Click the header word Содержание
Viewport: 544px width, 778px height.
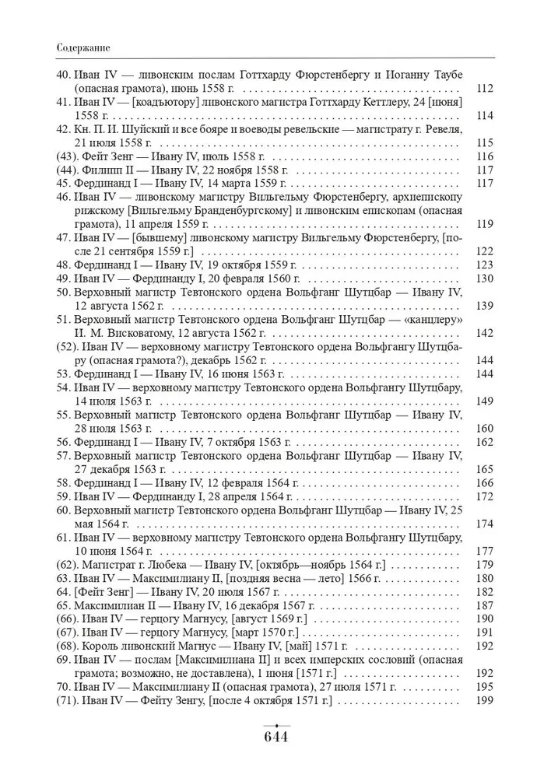(82, 47)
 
